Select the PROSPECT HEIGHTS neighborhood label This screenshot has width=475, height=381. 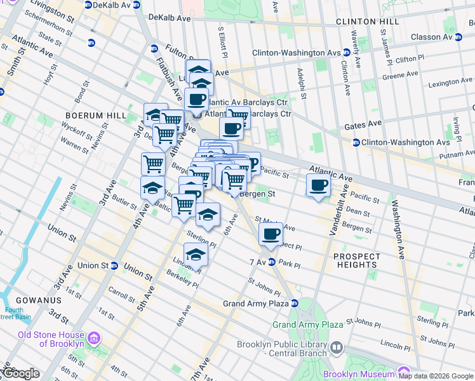point(357,260)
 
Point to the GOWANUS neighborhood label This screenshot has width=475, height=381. point(31,300)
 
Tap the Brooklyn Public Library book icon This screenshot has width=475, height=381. point(336,347)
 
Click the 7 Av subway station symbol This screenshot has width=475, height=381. point(272,262)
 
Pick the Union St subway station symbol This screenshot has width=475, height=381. point(114,265)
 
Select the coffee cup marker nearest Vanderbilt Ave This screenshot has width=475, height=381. point(318,185)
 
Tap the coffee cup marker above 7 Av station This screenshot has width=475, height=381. point(271,234)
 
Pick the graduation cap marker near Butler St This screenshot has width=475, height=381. point(152,188)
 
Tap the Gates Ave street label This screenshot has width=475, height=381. point(363,124)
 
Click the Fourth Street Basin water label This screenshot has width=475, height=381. point(15,314)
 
